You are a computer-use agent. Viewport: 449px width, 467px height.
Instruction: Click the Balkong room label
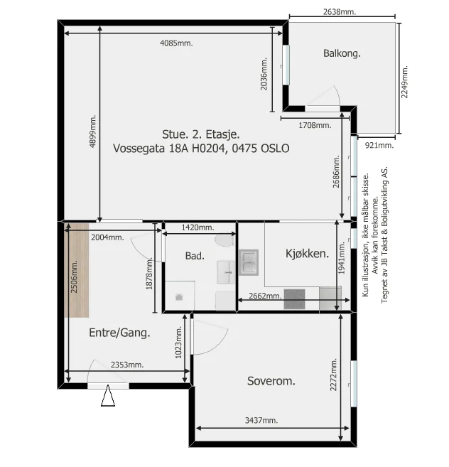coord(342,53)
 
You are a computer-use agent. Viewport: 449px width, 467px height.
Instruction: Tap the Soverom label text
coord(271,381)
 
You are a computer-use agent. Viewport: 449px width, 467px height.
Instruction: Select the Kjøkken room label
coord(308,254)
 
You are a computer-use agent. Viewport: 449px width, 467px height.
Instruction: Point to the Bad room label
coord(195,256)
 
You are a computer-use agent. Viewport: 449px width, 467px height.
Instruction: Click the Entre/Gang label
coord(119,333)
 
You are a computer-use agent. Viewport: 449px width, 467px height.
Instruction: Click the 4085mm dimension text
coord(176,43)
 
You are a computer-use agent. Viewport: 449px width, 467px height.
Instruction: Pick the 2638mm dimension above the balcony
coord(340,12)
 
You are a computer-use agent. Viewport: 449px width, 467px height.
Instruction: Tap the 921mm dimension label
coord(379,146)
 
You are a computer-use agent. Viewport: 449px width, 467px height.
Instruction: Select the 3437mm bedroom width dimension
coord(261,420)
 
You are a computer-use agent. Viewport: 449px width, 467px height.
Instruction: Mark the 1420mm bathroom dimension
coord(198,227)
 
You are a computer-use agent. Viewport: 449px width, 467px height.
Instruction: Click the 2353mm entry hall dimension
coord(127,365)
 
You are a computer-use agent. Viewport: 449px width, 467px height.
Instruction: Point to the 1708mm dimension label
coord(315,125)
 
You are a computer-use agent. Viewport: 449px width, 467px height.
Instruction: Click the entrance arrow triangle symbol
coord(108,395)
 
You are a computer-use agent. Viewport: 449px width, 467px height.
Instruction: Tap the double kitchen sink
coord(249,262)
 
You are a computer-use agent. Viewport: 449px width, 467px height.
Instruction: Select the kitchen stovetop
coord(294,299)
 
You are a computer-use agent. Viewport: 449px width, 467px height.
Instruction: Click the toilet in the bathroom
coord(224,240)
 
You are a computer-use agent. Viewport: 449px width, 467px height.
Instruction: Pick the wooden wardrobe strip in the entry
coord(77,270)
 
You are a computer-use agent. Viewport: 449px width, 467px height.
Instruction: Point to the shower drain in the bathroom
coord(179,296)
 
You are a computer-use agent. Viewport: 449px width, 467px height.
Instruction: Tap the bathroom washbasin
coord(226,272)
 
